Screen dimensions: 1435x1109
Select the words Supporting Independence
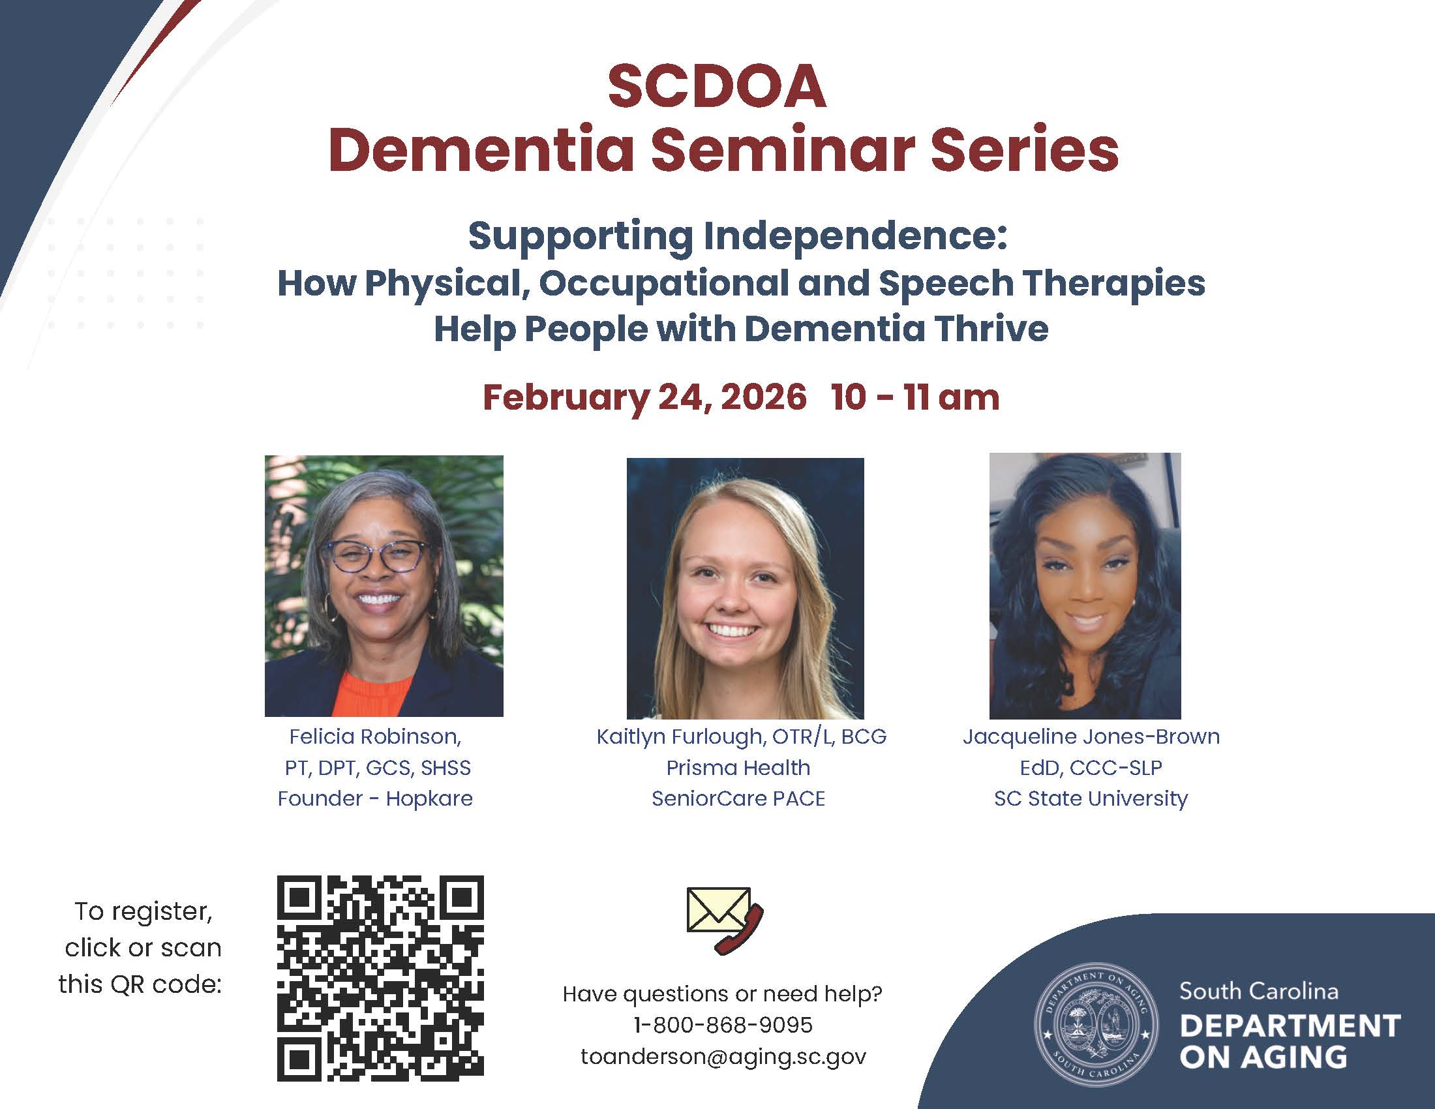point(737,237)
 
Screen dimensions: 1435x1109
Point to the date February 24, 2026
point(644,397)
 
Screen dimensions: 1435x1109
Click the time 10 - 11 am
point(915,397)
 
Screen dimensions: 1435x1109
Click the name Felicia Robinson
point(374,737)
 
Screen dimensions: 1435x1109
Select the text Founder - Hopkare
point(375,798)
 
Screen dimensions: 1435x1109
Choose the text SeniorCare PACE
point(738,798)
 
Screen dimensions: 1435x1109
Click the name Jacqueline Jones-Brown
point(1091,737)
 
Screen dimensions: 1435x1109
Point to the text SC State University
point(1091,798)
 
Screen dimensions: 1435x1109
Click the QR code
point(380,979)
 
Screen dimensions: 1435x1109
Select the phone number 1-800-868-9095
point(723,1025)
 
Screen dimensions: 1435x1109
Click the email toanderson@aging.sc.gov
point(723,1056)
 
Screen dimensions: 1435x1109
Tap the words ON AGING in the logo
point(1263,1057)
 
